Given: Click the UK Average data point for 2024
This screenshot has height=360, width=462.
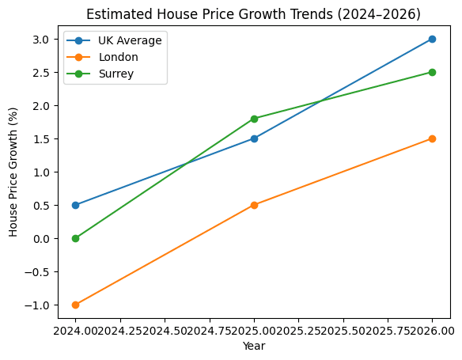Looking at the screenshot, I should tap(75, 205).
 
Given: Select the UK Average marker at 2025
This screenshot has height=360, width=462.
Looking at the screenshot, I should tap(254, 138).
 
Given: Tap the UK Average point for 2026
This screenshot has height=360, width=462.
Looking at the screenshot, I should tap(432, 39).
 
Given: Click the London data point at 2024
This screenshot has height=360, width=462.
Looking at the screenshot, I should tap(75, 305).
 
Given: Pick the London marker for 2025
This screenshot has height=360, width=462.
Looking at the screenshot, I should tap(254, 205).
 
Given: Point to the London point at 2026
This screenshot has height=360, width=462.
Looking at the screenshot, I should tap(432, 138).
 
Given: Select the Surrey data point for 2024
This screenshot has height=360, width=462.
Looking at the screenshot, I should tap(75, 238).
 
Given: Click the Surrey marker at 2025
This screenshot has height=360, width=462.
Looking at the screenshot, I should tap(254, 119).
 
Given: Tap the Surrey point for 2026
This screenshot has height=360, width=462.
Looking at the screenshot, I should tap(432, 72).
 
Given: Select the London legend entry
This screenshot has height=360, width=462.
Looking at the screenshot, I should tap(119, 57).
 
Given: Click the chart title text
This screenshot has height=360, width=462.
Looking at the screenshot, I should tap(253, 14).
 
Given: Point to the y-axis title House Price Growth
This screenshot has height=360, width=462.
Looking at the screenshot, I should tap(13, 172).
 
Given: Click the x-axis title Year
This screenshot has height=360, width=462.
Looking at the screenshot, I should tap(253, 346).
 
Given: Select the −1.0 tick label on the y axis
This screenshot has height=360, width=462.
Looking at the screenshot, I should tap(38, 305).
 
